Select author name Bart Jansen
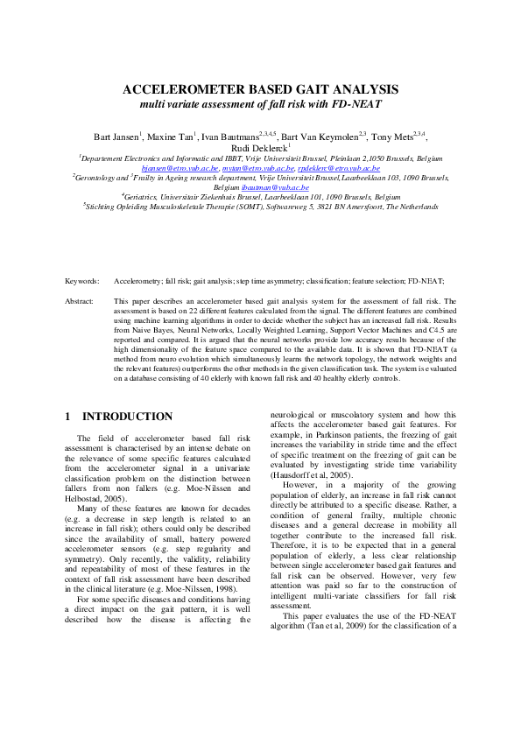(x=115, y=137)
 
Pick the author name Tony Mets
(x=392, y=137)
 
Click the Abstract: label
(x=80, y=300)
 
